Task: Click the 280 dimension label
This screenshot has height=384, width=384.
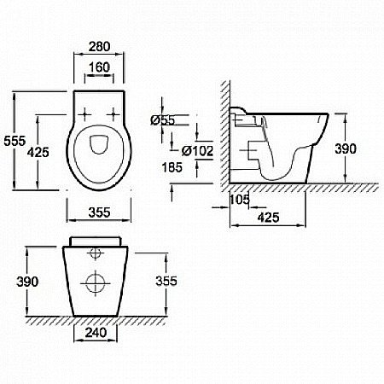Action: [x=99, y=47]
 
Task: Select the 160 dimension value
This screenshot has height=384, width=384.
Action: [x=99, y=67]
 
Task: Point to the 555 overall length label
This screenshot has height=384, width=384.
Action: [x=15, y=141]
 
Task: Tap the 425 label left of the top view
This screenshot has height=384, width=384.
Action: [x=38, y=152]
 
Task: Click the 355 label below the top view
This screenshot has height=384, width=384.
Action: [x=99, y=212]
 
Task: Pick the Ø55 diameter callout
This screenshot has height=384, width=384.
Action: [x=163, y=120]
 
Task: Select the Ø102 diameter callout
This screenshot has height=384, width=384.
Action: [x=197, y=151]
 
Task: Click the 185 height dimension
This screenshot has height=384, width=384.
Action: [x=172, y=167]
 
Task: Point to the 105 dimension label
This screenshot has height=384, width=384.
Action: [x=239, y=200]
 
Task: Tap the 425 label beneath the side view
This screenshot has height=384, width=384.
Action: [x=269, y=218]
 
